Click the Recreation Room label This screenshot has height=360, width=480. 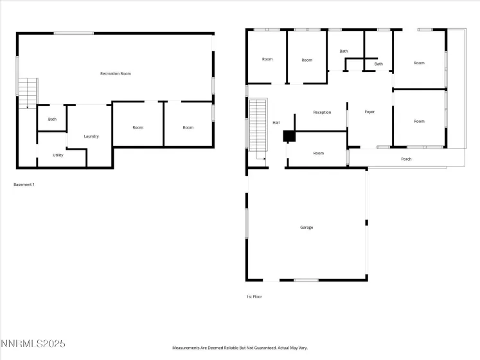pos(116,74)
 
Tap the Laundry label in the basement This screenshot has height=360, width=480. pos(91,136)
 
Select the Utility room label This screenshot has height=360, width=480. pos(58,155)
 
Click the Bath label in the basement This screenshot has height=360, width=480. pos(52,119)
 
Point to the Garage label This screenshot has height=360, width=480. pos(307,228)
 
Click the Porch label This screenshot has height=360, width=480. pos(406,159)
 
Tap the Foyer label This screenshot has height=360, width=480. pos(369,112)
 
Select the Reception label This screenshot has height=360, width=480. pos(322,113)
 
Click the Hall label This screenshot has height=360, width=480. pos(276,122)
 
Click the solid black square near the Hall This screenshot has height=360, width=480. pos(289,136)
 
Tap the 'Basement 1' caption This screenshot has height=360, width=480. pos(24,184)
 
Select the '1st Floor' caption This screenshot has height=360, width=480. pos(254,296)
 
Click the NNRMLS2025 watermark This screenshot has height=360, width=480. pos(33,345)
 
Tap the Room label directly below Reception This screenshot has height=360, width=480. pos(319,153)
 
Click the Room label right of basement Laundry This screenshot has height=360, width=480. pos(138,127)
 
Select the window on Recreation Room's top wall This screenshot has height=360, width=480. pos(74,33)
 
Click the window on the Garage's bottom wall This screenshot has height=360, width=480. pos(306,280)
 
